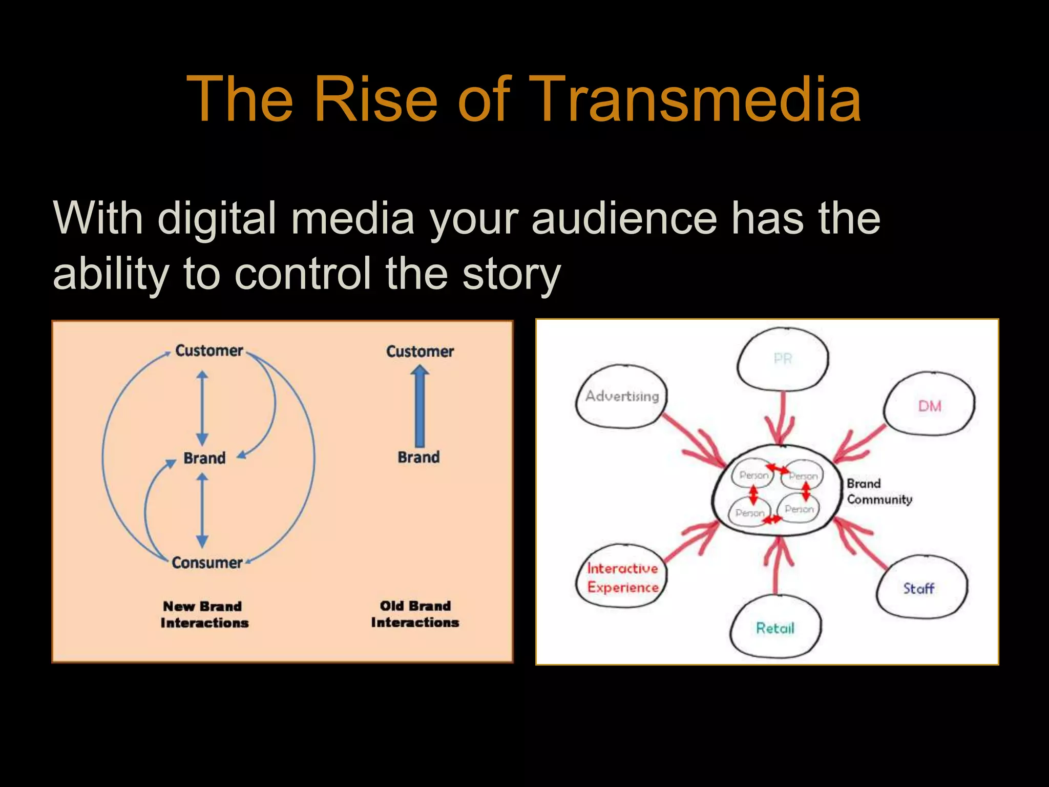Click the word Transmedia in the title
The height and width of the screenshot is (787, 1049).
coord(698,99)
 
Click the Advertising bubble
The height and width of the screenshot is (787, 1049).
coord(622,396)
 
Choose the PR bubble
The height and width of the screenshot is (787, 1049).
coord(783,359)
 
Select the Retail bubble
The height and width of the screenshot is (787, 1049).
coord(775,628)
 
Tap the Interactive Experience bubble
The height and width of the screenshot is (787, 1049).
coord(622,577)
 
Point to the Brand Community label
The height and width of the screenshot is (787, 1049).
coord(879,491)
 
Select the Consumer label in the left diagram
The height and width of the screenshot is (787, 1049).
coord(207,563)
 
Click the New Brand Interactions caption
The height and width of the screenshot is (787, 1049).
coord(204,614)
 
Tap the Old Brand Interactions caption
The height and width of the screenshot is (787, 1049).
coord(415,614)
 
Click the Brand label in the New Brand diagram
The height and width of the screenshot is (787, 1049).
coord(204,458)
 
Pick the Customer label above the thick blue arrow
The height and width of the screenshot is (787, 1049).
coord(419,351)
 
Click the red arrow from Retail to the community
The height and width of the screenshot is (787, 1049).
coord(778,566)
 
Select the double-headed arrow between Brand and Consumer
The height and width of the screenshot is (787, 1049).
coord(202,510)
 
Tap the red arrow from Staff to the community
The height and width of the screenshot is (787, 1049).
coord(861,543)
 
